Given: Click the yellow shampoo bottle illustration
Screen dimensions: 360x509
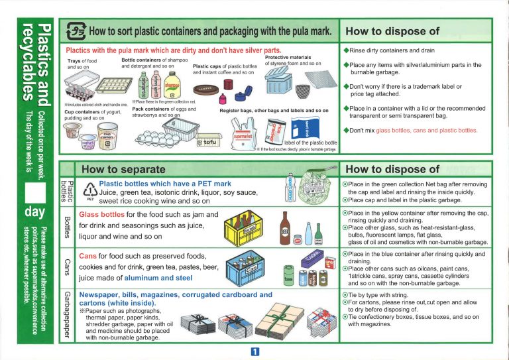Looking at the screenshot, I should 171,86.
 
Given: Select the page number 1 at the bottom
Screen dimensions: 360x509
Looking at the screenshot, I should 254,352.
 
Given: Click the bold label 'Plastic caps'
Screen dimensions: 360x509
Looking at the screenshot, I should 206,66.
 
